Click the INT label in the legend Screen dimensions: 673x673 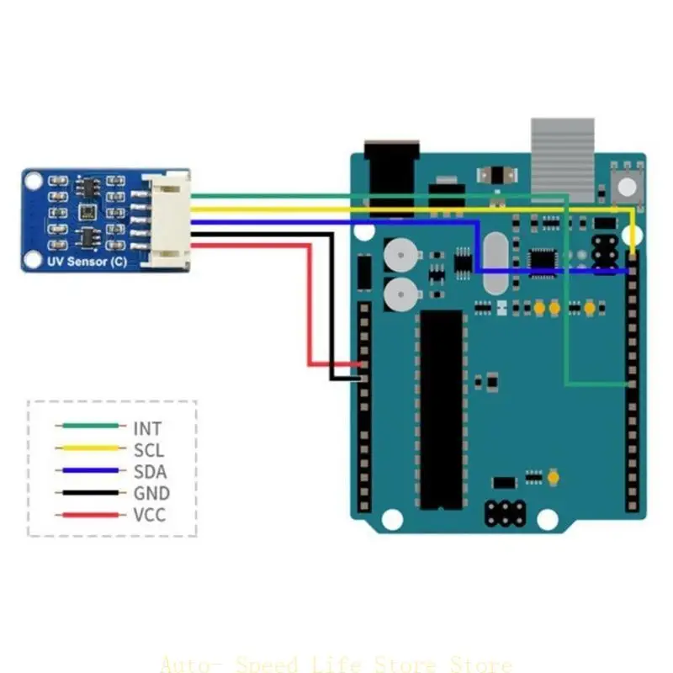pos(147,429)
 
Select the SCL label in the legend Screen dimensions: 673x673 pos(149,451)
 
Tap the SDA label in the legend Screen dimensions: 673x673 pos(150,472)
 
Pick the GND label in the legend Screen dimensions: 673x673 pos(151,494)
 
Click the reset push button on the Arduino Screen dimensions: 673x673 pos(626,186)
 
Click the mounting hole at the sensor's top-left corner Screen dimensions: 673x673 pos(33,179)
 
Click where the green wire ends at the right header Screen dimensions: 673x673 pos(630,384)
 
